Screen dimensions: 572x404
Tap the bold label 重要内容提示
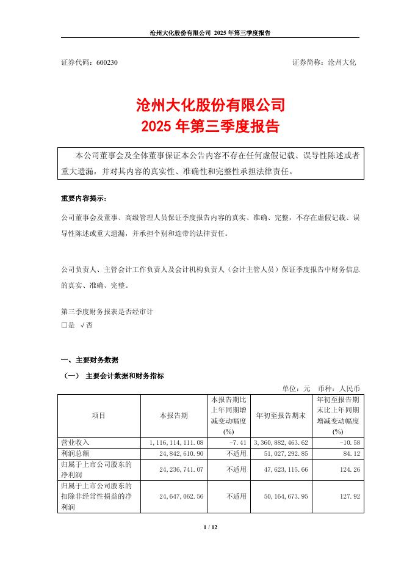[x=83, y=199]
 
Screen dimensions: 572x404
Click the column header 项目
[x=98, y=416]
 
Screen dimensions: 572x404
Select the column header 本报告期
[x=174, y=416]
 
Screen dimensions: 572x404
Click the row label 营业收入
[x=76, y=441]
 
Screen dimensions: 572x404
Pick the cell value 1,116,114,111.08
[x=175, y=441]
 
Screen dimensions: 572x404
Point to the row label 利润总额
[x=76, y=453]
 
